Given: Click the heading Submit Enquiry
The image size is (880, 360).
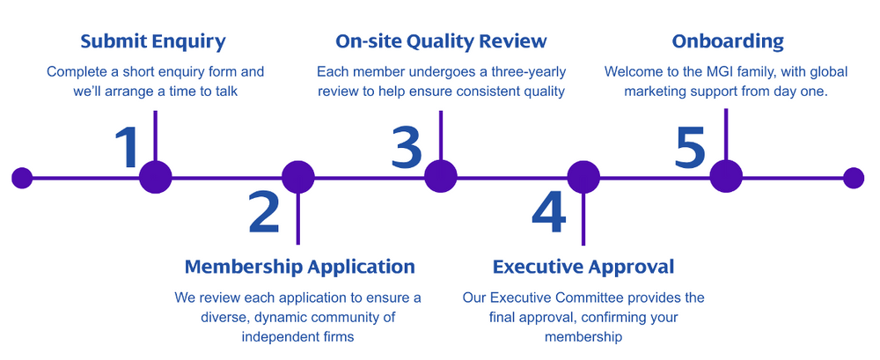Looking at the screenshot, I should (x=153, y=41).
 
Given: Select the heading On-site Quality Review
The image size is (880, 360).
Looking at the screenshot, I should (x=441, y=41).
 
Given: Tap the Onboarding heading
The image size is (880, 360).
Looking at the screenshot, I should (x=727, y=41).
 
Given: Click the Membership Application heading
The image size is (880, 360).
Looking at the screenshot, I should (x=299, y=267).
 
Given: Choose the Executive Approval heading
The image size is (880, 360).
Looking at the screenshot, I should (x=583, y=267).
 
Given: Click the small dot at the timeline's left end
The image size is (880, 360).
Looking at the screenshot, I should (x=22, y=178).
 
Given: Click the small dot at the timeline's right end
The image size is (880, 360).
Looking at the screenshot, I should (x=854, y=178).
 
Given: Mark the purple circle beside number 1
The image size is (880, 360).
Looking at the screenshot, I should (x=156, y=177).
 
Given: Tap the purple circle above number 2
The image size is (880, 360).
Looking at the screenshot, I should (x=298, y=177).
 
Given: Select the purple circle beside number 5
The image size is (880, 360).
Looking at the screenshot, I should (x=726, y=177).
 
